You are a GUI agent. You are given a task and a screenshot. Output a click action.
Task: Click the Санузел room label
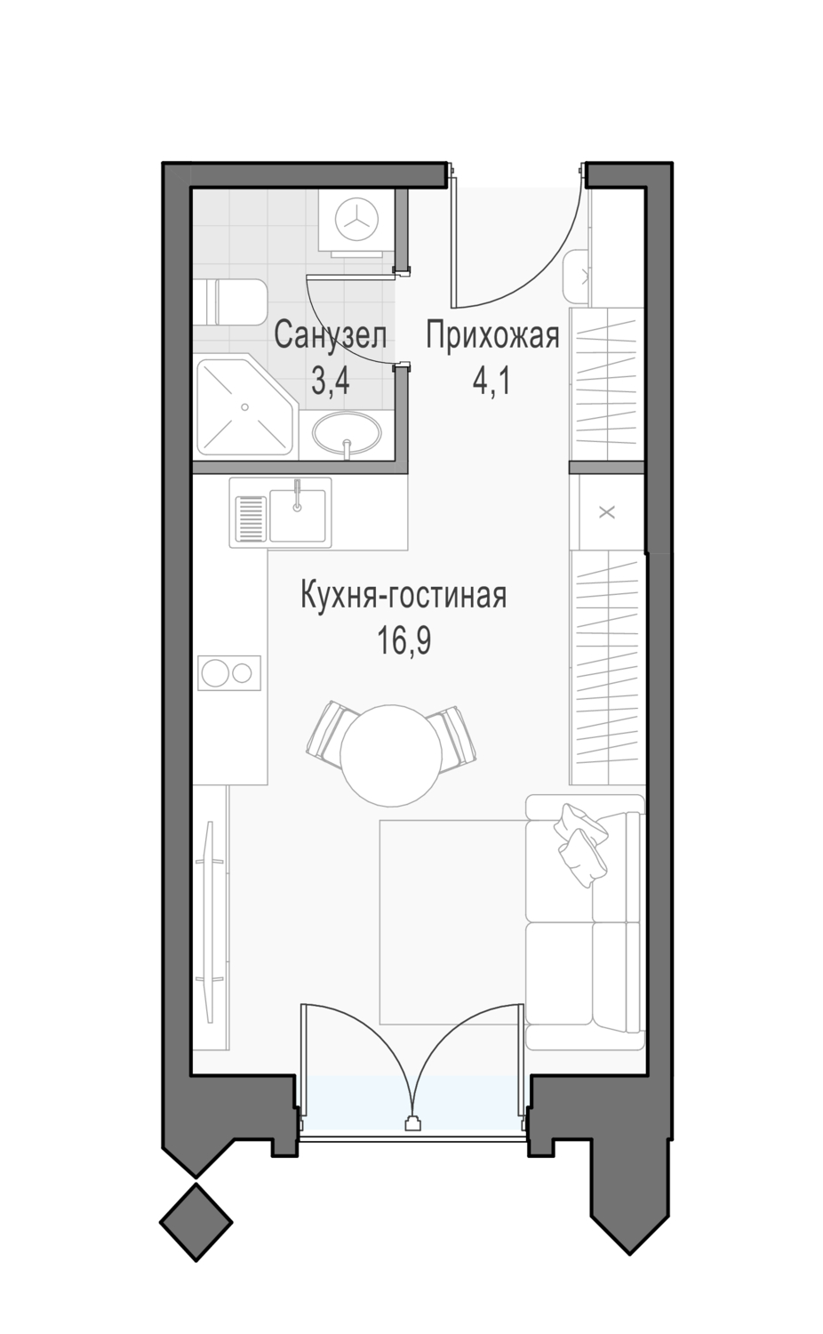(331, 336)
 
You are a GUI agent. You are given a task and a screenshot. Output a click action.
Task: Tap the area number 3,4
(331, 382)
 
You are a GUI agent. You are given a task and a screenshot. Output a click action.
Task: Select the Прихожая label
(492, 336)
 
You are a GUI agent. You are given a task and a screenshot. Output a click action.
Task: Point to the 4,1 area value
(491, 382)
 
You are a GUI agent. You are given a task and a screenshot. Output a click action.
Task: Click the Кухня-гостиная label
(404, 596)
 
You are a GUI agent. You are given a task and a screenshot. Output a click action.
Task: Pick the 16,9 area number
(404, 641)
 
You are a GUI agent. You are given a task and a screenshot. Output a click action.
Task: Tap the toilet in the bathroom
(229, 302)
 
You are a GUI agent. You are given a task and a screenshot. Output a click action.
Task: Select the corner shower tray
(244, 407)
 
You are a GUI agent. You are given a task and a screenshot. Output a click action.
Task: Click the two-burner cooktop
(229, 673)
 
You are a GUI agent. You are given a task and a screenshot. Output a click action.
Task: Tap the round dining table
(391, 756)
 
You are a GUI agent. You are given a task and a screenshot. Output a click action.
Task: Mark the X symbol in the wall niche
(606, 512)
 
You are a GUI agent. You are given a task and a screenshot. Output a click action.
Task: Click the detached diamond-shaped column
(196, 1222)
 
